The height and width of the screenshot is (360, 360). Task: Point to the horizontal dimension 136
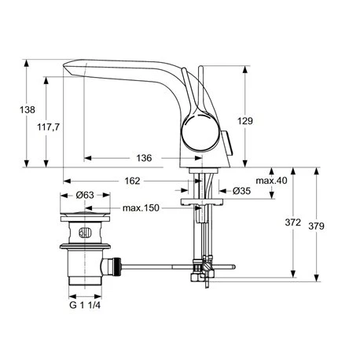pos(144,158)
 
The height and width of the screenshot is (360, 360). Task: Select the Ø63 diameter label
pos(86,195)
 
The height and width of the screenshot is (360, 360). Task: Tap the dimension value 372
pos(292,222)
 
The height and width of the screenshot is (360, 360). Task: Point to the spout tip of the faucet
pos(66,69)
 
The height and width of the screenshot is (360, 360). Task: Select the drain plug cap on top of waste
pos(86,213)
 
